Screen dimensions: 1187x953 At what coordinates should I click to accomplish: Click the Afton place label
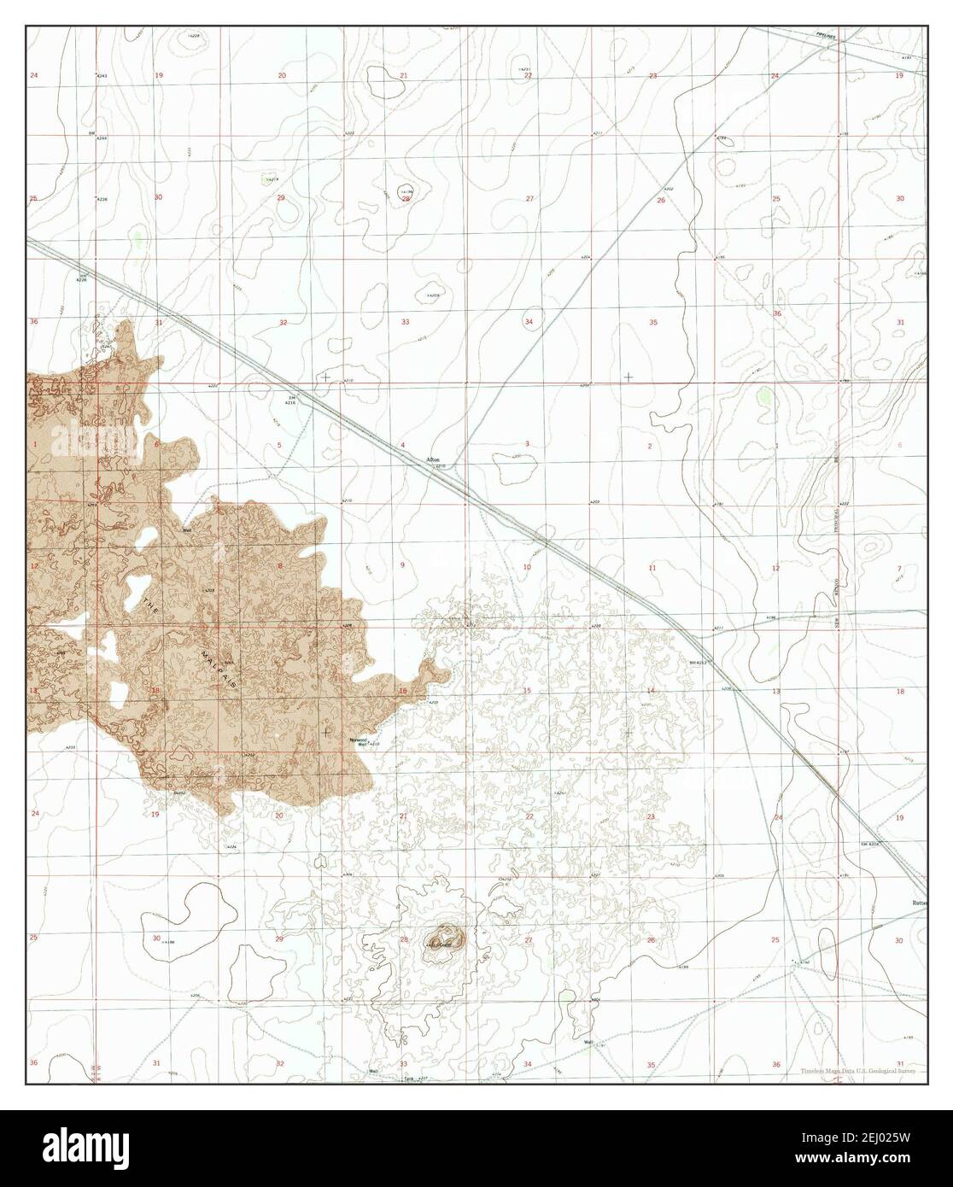(x=432, y=460)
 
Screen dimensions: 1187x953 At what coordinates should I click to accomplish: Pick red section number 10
(x=527, y=567)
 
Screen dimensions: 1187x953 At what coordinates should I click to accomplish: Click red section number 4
(x=402, y=446)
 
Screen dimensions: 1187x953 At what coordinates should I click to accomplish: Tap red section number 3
(x=527, y=444)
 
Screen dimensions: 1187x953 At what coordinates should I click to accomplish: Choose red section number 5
(x=278, y=446)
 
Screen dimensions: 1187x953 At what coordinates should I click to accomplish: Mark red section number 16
(x=402, y=691)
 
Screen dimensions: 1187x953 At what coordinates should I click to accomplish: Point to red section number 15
(x=527, y=691)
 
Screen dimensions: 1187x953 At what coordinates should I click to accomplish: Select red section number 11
(x=652, y=568)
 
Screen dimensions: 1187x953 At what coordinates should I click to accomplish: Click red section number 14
(x=651, y=690)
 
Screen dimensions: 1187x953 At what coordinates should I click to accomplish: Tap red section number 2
(x=650, y=446)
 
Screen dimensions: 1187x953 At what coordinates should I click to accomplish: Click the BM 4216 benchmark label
(x=292, y=401)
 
